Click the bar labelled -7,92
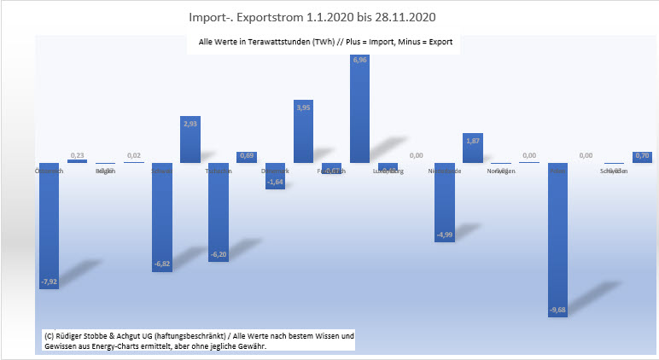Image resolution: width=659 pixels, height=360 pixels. [x=49, y=226]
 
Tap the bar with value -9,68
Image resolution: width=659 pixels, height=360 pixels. [x=557, y=239]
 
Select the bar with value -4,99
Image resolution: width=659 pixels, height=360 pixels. [x=445, y=202]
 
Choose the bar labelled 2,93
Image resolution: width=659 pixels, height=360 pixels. [x=190, y=141]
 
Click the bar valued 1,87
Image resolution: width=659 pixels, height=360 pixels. [x=473, y=148]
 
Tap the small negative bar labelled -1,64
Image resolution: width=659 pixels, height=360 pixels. [x=275, y=176]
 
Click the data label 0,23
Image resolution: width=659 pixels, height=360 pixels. [x=77, y=154]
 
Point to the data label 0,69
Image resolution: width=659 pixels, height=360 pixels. [x=247, y=155]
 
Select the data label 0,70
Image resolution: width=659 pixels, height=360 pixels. [x=642, y=155]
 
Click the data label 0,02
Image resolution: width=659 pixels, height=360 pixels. [x=133, y=155]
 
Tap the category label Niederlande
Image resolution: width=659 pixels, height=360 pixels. [x=445, y=171]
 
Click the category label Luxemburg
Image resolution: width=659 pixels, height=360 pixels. [x=388, y=171]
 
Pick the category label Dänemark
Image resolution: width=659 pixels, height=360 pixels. [x=275, y=171]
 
